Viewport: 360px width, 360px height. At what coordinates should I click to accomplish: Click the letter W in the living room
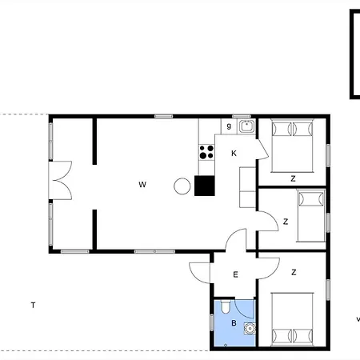tap(142, 185)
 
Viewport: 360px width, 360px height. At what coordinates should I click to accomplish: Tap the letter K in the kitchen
tap(234, 154)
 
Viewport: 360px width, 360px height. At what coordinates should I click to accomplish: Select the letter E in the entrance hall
tap(235, 274)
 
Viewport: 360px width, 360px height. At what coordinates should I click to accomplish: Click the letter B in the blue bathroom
tap(234, 323)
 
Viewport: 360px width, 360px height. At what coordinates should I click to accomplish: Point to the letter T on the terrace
tap(33, 305)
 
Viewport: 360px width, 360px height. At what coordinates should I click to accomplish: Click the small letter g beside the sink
tap(229, 126)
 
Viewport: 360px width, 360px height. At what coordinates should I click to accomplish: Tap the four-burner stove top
tap(206, 152)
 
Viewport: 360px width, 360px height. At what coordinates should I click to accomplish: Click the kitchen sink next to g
tap(247, 126)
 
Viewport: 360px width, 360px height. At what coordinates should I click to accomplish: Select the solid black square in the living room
tap(205, 186)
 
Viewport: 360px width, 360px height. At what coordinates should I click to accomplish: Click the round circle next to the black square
tap(182, 186)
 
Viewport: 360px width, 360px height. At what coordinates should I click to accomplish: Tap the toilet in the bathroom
tap(226, 306)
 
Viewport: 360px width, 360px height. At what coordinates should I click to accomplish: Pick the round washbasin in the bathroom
tap(250, 329)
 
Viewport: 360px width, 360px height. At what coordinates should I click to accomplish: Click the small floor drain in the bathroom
tap(226, 345)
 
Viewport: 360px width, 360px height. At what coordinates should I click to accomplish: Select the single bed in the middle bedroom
tap(311, 216)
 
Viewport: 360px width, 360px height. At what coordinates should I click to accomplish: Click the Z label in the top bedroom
tap(293, 178)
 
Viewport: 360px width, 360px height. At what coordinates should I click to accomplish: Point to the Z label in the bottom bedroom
tap(294, 272)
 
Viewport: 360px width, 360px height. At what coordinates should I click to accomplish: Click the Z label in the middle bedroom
tap(286, 222)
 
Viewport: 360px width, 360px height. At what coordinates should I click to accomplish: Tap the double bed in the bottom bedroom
tap(292, 319)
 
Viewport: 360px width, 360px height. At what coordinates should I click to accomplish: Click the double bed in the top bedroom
tap(292, 146)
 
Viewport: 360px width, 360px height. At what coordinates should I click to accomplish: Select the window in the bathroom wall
tap(212, 322)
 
